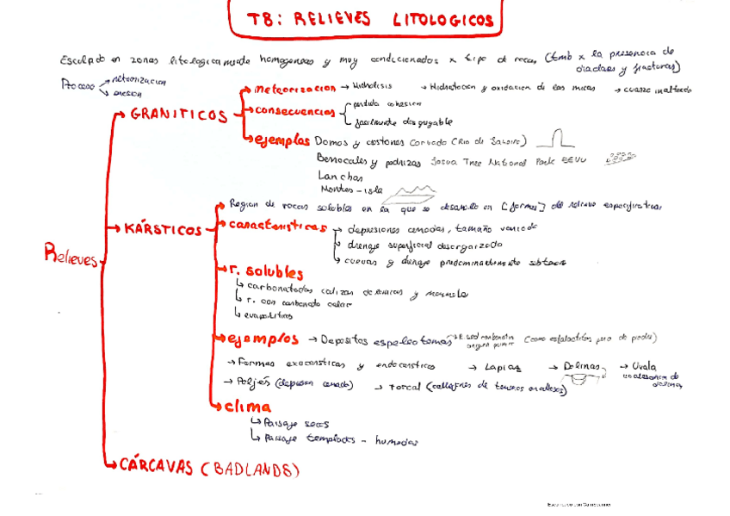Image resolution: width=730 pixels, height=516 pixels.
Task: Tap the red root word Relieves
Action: point(71,255)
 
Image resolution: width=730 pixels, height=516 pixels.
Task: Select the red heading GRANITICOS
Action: point(179,115)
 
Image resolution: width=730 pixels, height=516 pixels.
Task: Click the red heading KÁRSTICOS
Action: point(163,230)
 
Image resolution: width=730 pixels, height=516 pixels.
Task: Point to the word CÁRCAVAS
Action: point(156,468)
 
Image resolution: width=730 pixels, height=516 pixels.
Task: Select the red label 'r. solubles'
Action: point(266,272)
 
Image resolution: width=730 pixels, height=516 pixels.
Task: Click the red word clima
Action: point(249,407)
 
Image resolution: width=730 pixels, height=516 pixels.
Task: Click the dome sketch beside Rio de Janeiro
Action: point(561,138)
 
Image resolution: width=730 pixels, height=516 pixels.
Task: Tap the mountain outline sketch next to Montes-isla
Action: point(414,188)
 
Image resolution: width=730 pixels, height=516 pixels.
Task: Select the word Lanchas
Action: point(340,175)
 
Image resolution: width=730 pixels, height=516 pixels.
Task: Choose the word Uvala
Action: point(643,365)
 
